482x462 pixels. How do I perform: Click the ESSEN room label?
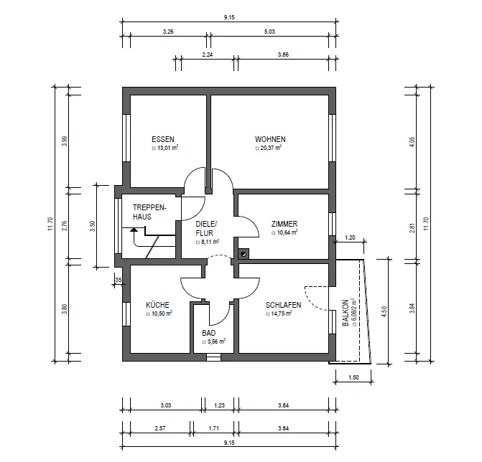pyautogui.click(x=163, y=139)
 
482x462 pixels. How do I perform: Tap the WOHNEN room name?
pyautogui.click(x=270, y=139)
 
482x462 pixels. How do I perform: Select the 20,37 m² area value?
pyautogui.click(x=269, y=148)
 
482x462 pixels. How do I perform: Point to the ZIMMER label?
pyautogui.click(x=284, y=224)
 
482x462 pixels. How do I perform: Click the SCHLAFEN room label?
pyautogui.click(x=284, y=305)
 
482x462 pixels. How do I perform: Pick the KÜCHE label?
pyautogui.click(x=157, y=305)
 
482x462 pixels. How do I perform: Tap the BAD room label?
pyautogui.click(x=209, y=333)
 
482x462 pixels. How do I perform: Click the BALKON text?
pyautogui.click(x=346, y=313)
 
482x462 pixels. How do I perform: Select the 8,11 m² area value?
pyautogui.click(x=208, y=242)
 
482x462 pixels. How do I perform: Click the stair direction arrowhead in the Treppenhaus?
pyautogui.click(x=134, y=229)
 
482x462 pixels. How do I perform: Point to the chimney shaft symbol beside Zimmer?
pyautogui.click(x=244, y=253)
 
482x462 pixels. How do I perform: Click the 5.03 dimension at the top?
pyautogui.click(x=269, y=32)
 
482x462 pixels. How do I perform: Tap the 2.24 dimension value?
pyautogui.click(x=208, y=55)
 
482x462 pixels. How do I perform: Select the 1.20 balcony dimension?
pyautogui.click(x=350, y=237)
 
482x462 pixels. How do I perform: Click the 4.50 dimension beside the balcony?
pyautogui.click(x=384, y=311)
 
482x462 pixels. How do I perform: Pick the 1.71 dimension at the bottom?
pyautogui.click(x=213, y=428)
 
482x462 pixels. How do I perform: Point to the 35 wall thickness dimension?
pyautogui.click(x=119, y=280)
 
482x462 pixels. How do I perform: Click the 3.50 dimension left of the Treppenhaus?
pyautogui.click(x=92, y=226)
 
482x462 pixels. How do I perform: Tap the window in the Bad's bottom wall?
pyautogui.click(x=213, y=357)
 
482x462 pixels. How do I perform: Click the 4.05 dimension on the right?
pyautogui.click(x=412, y=141)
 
